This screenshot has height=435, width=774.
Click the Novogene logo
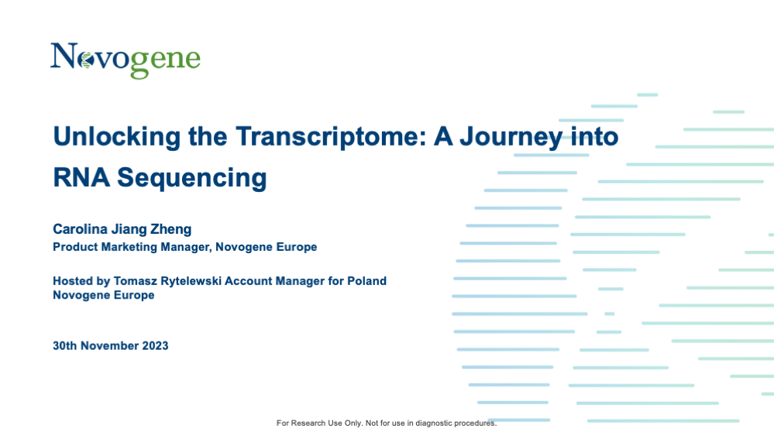pyautogui.click(x=126, y=60)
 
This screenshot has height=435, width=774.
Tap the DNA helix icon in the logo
pyautogui.click(x=87, y=60)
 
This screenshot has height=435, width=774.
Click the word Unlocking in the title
pyautogui.click(x=117, y=137)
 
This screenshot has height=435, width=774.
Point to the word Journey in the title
pyautogui.click(x=511, y=137)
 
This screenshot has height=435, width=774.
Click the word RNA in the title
pyautogui.click(x=81, y=177)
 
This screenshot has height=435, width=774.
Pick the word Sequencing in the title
pyautogui.click(x=192, y=178)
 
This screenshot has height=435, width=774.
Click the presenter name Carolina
pyautogui.click(x=80, y=229)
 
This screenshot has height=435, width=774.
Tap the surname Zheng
pyautogui.click(x=170, y=229)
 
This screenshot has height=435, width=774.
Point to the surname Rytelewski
pyautogui.click(x=191, y=281)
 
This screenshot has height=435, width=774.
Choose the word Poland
pyautogui.click(x=366, y=281)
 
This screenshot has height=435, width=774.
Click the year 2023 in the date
pyautogui.click(x=155, y=346)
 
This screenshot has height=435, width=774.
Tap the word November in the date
pyautogui.click(x=109, y=346)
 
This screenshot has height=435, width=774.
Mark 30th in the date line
pyautogui.click(x=64, y=346)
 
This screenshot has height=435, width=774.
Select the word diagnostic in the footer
pyautogui.click(x=433, y=423)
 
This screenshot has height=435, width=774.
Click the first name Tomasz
pyautogui.click(x=136, y=281)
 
